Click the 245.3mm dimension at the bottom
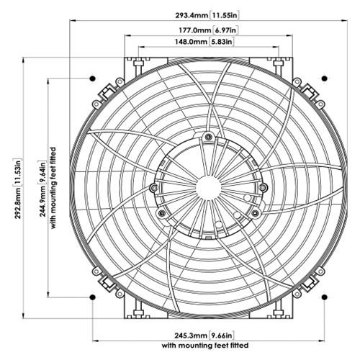coord(188,335)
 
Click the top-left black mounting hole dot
coord(92,78)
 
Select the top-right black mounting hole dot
coord(325,78)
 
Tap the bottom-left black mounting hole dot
coord(92,296)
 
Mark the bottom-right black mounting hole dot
coord(325,296)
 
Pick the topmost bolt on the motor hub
coord(208,137)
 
